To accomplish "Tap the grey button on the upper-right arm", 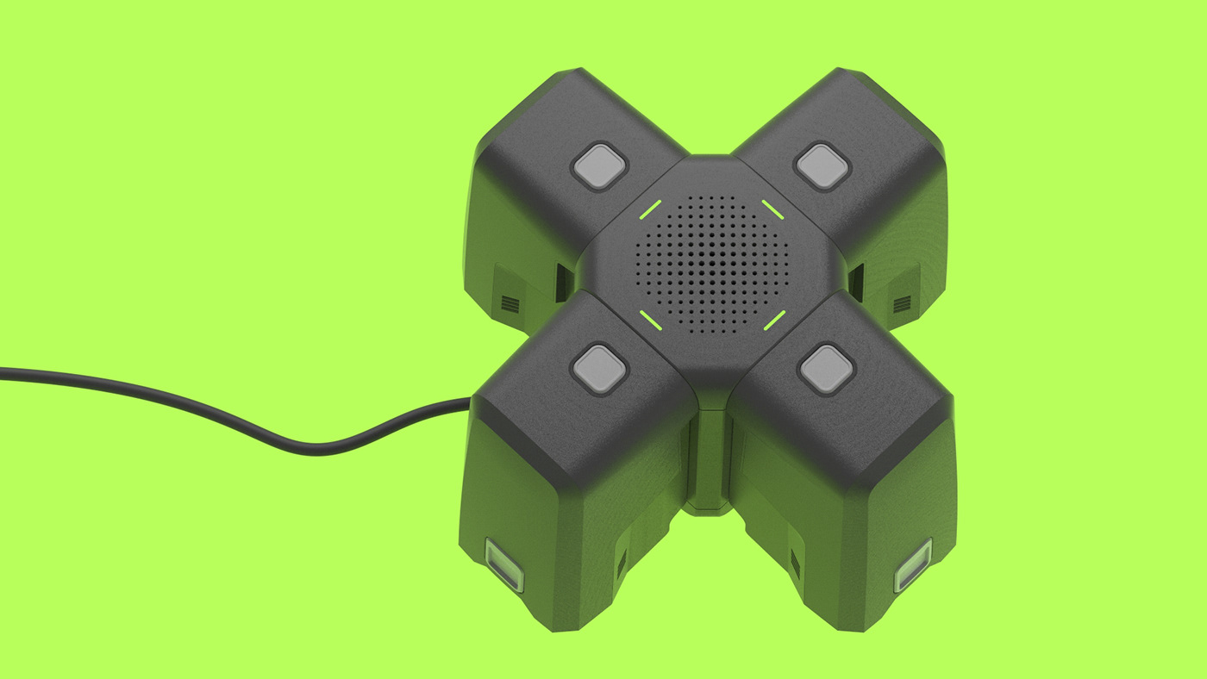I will point(822,165).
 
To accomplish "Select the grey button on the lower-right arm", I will point(826,369).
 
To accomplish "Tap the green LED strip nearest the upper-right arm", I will point(772,210).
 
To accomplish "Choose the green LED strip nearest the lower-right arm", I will point(774,321).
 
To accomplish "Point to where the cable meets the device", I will point(470,400).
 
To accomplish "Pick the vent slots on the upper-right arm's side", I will point(902,304).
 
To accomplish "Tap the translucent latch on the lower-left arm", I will point(505,565).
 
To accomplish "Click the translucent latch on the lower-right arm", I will point(913,565).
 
